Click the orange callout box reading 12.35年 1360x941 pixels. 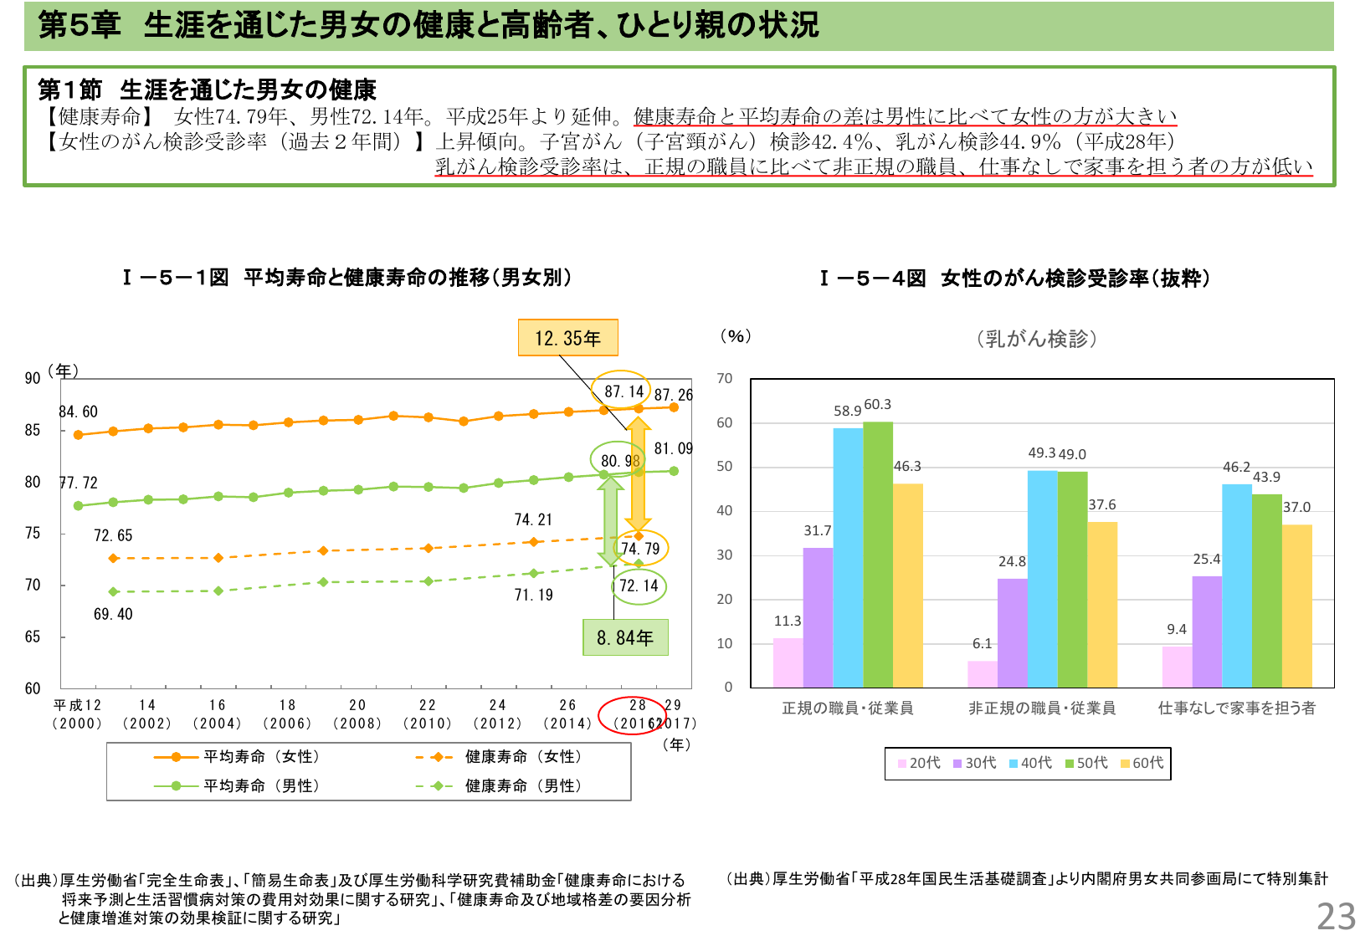pos(567,338)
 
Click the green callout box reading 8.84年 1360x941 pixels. pos(625,637)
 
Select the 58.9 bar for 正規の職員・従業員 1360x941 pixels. pos(848,557)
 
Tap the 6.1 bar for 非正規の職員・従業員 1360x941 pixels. pos(982,673)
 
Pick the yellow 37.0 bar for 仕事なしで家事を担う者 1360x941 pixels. pos(1296,606)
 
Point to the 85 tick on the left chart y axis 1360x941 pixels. pos(32,430)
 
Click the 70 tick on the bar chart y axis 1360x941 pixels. pos(724,379)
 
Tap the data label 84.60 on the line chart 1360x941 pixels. pos(78,412)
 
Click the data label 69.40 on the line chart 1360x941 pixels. pos(113,614)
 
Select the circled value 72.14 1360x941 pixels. pos(639,586)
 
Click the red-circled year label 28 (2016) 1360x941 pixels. pos(634,714)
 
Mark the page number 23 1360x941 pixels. pos(1336,917)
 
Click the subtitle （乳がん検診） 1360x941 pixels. pos(1036,339)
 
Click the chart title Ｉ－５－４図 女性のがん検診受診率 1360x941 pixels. pos(1014,279)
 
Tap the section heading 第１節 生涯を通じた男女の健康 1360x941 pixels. pos(207,89)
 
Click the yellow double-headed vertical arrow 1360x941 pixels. pos(638,475)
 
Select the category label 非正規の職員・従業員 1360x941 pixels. pos(1041,708)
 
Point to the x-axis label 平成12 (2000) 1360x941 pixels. pos(77,714)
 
